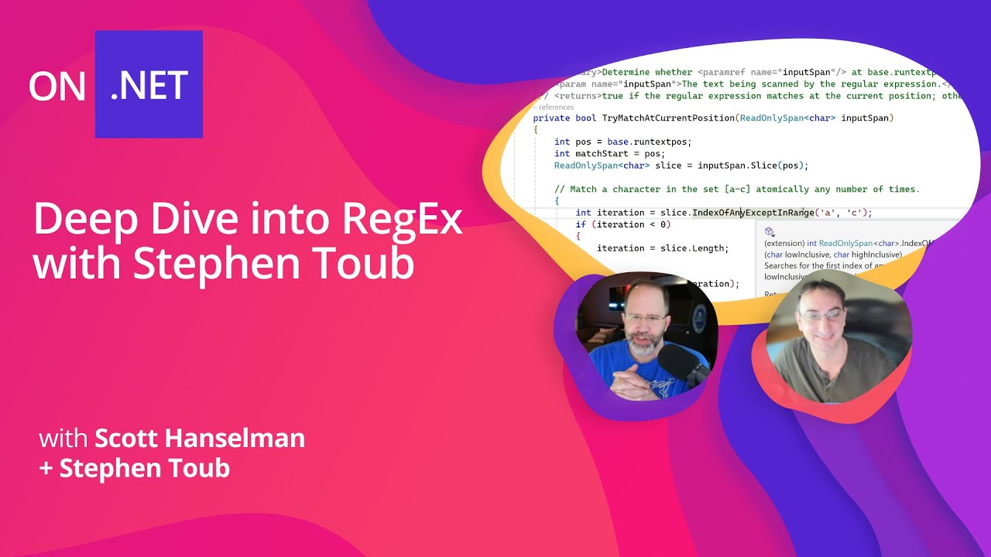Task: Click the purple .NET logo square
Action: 149,84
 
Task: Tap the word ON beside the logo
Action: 57,87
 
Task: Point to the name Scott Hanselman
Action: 200,439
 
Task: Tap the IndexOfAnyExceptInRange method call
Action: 753,213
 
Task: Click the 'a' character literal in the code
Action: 828,213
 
